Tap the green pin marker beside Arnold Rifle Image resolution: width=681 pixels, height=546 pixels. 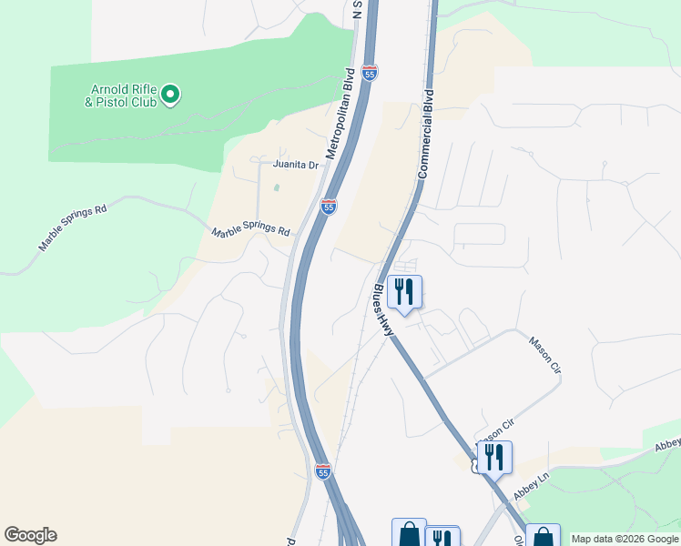pyautogui.click(x=170, y=94)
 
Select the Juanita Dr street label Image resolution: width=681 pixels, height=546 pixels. pyautogui.click(x=296, y=165)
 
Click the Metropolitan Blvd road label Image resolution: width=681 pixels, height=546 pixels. pyautogui.click(x=340, y=112)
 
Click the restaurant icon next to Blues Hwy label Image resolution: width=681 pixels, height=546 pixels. pyautogui.click(x=404, y=292)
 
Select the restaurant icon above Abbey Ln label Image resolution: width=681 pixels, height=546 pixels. pyautogui.click(x=494, y=458)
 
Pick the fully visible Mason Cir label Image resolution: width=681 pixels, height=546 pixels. pyautogui.click(x=544, y=354)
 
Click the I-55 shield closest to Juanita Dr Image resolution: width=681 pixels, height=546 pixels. pyautogui.click(x=329, y=207)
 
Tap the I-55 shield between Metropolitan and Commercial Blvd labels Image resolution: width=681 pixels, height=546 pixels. pyautogui.click(x=369, y=73)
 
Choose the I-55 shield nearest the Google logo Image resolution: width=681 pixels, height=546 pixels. pyautogui.click(x=322, y=470)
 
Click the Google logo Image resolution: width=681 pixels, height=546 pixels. pyautogui.click(x=30, y=535)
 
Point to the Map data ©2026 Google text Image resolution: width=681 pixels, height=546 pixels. pyautogui.click(x=625, y=539)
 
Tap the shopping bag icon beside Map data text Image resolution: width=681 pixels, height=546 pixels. pyautogui.click(x=543, y=536)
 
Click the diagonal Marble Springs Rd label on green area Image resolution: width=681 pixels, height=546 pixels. pyautogui.click(x=73, y=228)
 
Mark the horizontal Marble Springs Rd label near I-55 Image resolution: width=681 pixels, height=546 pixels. pyautogui.click(x=250, y=232)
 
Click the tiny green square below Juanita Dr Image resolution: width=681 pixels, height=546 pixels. pyautogui.click(x=277, y=188)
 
